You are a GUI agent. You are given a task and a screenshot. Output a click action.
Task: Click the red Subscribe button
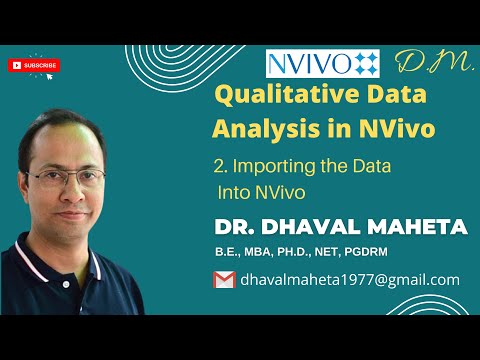click(x=33, y=65)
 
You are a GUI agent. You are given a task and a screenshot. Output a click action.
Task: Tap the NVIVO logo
click(x=322, y=64)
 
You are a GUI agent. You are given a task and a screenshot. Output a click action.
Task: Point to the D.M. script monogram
click(x=421, y=63)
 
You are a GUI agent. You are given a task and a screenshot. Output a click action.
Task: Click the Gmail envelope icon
click(x=224, y=280)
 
